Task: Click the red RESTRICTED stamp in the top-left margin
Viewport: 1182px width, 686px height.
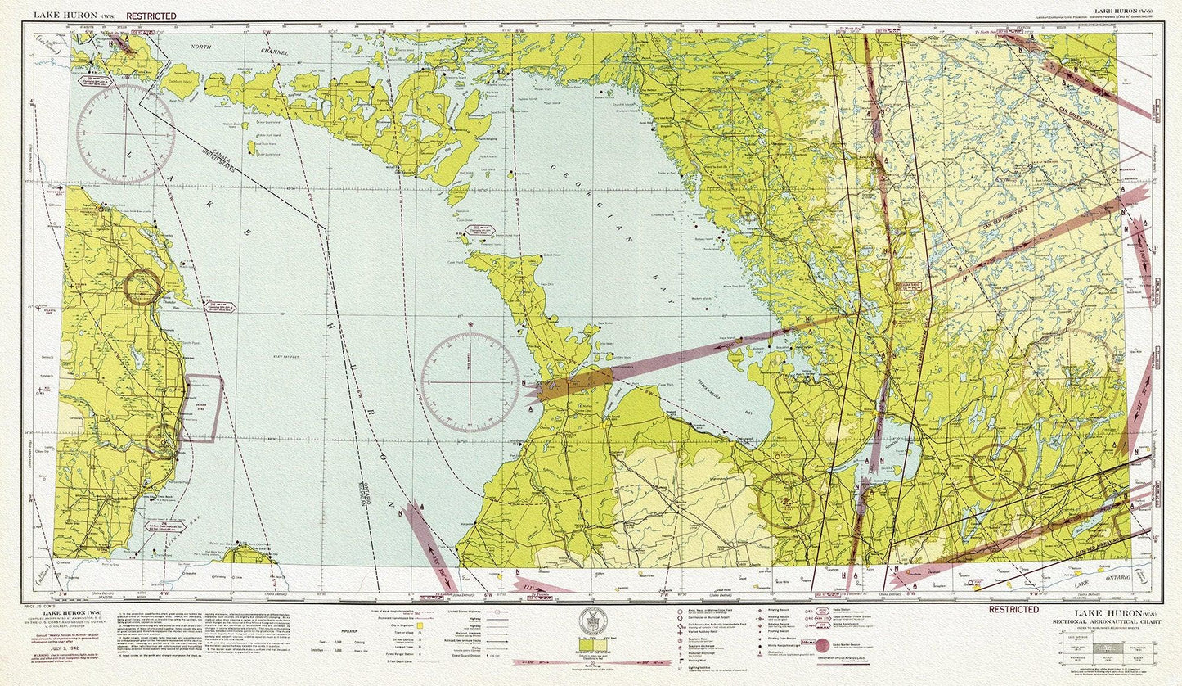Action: pyautogui.click(x=151, y=16)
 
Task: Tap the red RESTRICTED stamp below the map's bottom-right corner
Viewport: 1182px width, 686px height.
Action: pyautogui.click(x=1013, y=609)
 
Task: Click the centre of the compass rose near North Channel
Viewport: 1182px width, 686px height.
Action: pyautogui.click(x=125, y=133)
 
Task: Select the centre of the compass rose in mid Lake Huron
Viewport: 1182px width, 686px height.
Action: pyautogui.click(x=470, y=381)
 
